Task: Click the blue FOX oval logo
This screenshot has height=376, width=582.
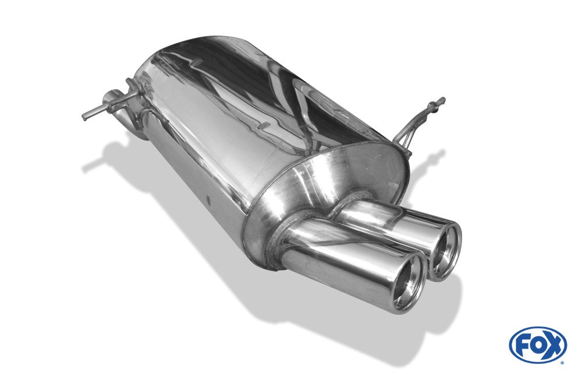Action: click(537, 345)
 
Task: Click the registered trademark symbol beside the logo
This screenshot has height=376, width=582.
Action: click(562, 363)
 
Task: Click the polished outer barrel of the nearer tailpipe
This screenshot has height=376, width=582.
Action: click(338, 265)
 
